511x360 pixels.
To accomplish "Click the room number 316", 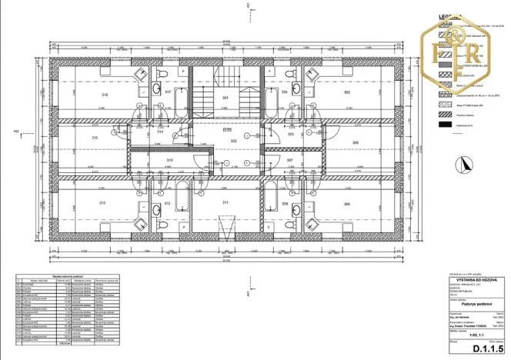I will point(105,95).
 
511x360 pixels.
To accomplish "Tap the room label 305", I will point(347,92).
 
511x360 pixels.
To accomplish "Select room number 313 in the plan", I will point(102,203).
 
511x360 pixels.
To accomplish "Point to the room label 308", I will point(347,204).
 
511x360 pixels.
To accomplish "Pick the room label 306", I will point(355,143).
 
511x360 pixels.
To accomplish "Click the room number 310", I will point(169,160).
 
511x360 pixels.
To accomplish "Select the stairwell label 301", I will point(225,99).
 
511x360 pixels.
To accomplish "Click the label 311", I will point(225,203).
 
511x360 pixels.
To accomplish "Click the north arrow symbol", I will point(464,164).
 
